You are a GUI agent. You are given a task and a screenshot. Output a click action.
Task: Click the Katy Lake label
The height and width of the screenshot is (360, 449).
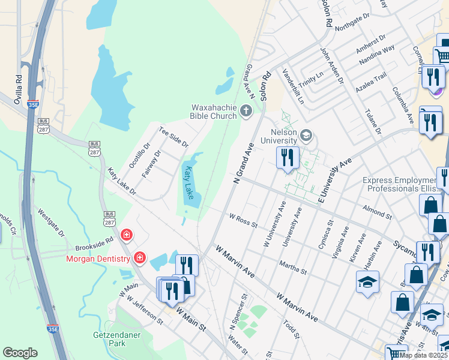189,183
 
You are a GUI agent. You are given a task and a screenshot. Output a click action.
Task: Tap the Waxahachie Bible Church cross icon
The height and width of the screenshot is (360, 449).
246,110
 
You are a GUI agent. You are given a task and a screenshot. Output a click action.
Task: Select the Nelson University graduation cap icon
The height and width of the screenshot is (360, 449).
307,135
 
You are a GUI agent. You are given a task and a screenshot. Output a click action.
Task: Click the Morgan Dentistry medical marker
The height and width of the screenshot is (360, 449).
139,258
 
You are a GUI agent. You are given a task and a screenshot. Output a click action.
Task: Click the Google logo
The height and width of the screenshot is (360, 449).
20,353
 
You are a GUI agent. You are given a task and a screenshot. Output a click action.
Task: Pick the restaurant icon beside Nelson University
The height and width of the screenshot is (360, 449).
288,158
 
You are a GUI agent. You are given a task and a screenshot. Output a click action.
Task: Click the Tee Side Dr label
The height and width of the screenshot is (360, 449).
173,137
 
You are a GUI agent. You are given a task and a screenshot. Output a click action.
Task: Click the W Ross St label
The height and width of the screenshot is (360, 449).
243,220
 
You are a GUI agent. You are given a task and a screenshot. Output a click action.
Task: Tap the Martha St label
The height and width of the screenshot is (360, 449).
292,268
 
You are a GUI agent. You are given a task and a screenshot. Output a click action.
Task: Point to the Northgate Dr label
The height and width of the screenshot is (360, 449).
353,23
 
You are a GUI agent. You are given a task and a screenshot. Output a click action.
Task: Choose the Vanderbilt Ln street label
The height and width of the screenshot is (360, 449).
293,88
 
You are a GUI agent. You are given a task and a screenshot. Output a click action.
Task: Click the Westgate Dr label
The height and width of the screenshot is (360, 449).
50,221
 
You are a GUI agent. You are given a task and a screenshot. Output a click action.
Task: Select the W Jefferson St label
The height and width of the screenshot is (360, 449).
141,310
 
